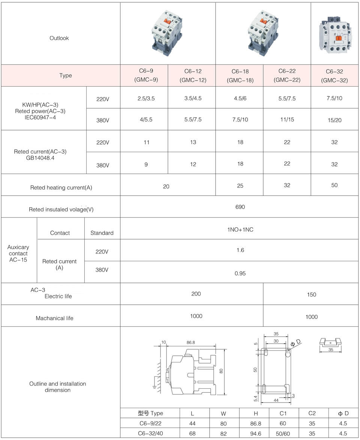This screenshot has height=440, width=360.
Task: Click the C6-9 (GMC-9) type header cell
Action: point(144,75)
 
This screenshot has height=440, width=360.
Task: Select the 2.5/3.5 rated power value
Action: point(146,98)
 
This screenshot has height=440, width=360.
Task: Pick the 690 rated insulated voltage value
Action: point(240,207)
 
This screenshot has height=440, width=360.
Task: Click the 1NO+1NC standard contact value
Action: point(240,229)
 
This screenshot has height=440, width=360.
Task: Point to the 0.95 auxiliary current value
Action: point(240,273)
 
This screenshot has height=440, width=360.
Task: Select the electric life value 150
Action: point(311,295)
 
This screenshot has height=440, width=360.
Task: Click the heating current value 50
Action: point(334,185)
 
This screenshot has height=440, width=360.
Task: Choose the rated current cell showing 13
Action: point(193,142)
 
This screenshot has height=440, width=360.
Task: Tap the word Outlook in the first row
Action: point(59,38)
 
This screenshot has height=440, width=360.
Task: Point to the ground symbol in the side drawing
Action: point(154,388)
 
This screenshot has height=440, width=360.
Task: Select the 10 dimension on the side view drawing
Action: point(163,342)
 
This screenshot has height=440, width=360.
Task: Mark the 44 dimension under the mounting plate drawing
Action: point(276,400)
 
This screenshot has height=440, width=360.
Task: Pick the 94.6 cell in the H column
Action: point(254,434)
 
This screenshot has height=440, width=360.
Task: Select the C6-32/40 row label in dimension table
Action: point(150,434)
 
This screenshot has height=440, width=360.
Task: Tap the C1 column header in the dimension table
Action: point(283,413)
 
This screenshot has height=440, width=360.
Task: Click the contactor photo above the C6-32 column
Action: point(334,34)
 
